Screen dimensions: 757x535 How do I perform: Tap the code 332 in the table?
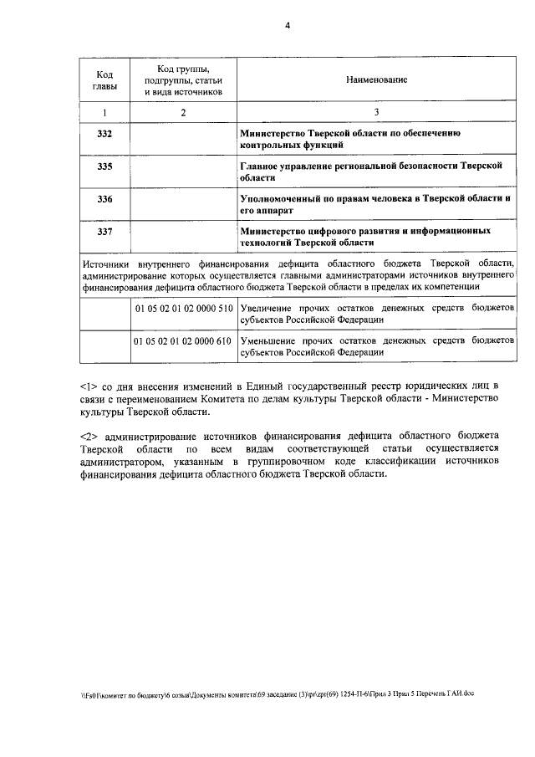point(104,134)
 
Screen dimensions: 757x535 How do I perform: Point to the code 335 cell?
point(104,167)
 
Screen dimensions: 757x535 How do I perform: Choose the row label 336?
point(104,199)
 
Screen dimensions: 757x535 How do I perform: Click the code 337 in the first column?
point(104,230)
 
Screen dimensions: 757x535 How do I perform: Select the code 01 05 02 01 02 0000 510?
point(182,309)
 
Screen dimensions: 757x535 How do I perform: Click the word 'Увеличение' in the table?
point(266,309)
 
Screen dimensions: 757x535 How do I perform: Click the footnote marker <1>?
point(89,386)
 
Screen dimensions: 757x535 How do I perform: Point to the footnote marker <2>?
point(89,436)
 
